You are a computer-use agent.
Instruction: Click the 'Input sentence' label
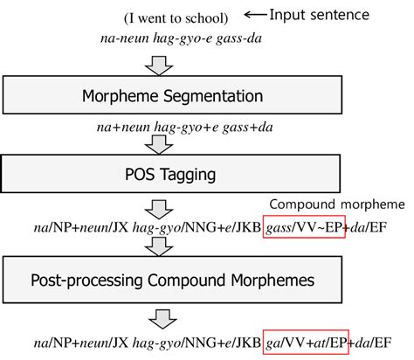point(320,15)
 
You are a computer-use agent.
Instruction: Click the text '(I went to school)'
point(177,18)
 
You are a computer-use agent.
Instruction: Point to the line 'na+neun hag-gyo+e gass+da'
point(176,127)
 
